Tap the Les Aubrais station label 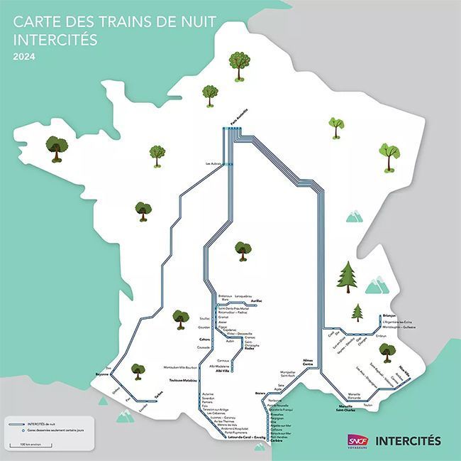213,164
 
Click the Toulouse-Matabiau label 183,381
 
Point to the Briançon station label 389,315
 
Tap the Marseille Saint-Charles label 346,409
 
